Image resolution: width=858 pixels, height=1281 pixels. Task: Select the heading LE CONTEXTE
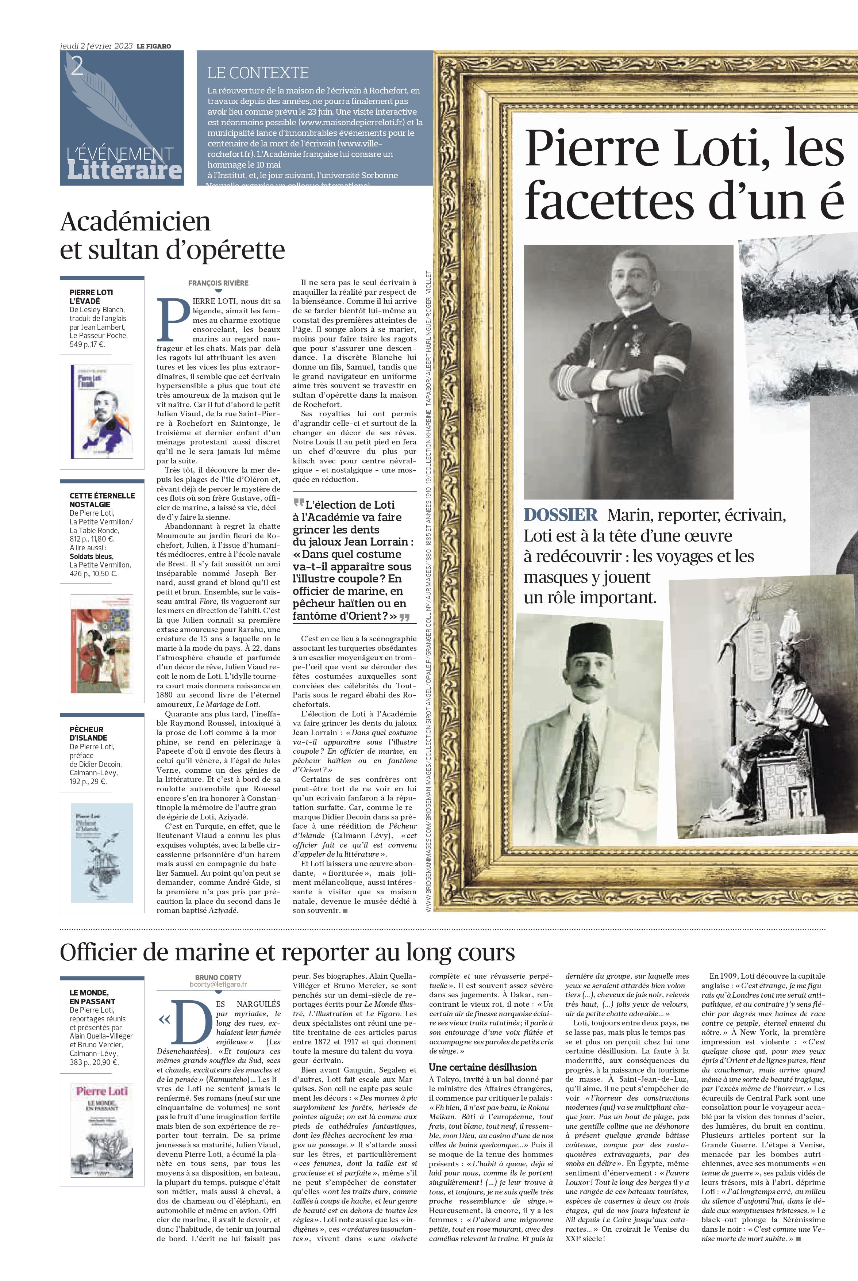(258, 73)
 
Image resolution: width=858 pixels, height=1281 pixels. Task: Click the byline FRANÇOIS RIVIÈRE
(218, 283)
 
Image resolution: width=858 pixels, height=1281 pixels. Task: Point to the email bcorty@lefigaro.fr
(218, 984)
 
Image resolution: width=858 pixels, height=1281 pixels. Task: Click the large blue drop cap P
(172, 320)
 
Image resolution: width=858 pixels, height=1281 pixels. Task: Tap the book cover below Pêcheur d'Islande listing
(102, 852)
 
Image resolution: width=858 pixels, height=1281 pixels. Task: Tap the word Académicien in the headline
(135, 222)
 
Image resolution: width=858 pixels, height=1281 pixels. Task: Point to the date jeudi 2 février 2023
(96, 46)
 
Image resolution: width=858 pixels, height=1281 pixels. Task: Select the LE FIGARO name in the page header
(154, 46)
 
